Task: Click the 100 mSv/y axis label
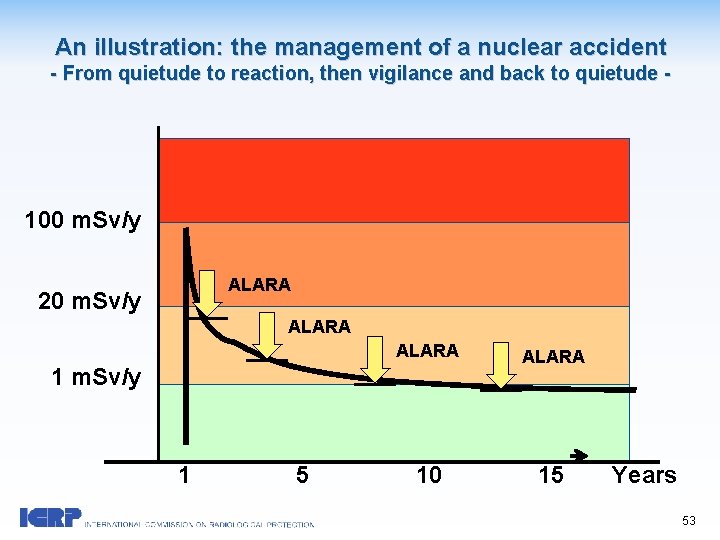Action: coord(83,220)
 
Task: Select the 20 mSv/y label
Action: coord(89,301)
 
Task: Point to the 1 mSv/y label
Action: coord(97,377)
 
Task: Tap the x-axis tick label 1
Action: coord(184,475)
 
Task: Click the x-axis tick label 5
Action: coord(302,475)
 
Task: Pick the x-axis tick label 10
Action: coord(429,475)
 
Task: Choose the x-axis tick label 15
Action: coord(551,475)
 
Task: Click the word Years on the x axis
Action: coord(644,475)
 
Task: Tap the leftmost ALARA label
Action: coord(259,285)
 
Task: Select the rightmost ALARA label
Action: coord(553,357)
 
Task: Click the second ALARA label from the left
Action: coord(319,327)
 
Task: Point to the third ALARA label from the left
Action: coord(427,351)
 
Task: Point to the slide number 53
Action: coord(689,520)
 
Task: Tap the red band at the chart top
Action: coord(394,180)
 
